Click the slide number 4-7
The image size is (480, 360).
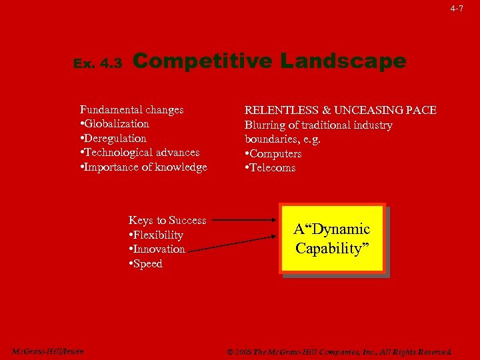pyautogui.click(x=456, y=9)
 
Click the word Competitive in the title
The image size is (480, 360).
pyautogui.click(x=203, y=61)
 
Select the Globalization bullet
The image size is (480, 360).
pyautogui.click(x=115, y=124)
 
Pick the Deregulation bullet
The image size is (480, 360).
pyautogui.click(x=113, y=139)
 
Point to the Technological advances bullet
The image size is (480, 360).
pyautogui.click(x=140, y=153)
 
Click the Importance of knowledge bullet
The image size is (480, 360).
pyautogui.click(x=143, y=167)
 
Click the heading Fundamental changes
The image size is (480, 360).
pyautogui.click(x=132, y=109)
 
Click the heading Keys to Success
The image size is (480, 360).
pyautogui.click(x=167, y=221)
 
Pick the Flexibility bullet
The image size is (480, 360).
pyautogui.click(x=156, y=235)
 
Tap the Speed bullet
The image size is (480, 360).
pyautogui.click(x=145, y=264)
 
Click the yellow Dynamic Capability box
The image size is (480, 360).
pyautogui.click(x=333, y=239)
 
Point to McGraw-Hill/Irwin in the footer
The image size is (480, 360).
pyautogui.click(x=48, y=351)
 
